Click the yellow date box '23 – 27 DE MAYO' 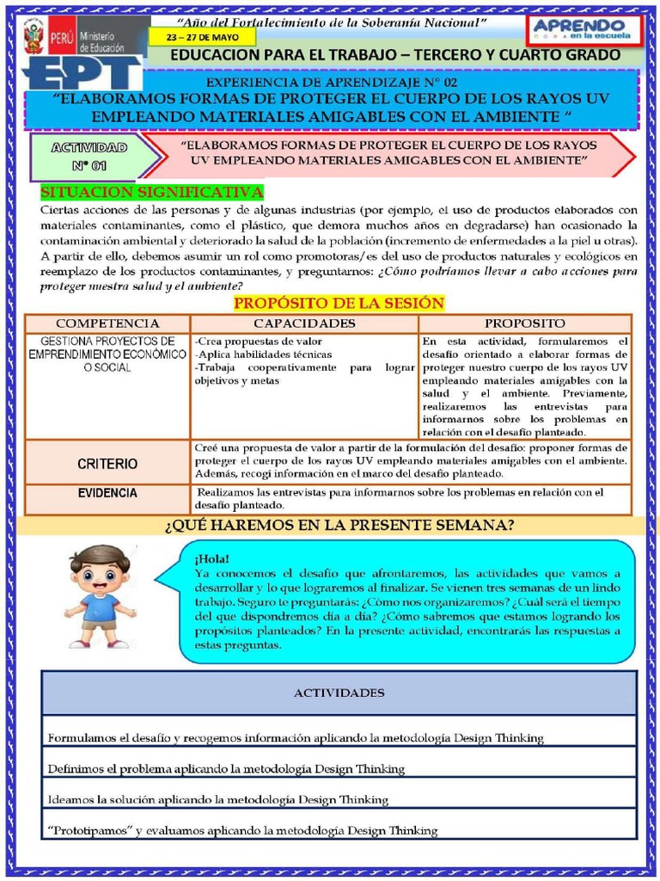tap(202, 39)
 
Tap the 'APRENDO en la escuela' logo tap(586, 30)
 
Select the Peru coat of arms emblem tap(34, 39)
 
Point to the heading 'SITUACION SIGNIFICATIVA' tap(152, 191)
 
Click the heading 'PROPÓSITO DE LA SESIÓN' tap(339, 303)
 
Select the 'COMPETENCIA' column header tap(107, 323)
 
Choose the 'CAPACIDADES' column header tap(304, 323)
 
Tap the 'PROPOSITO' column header tap(524, 323)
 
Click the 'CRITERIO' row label tap(107, 464)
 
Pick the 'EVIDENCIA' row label tap(107, 493)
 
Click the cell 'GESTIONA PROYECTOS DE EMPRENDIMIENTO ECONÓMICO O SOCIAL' tap(107, 354)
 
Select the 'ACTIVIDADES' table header tap(339, 693)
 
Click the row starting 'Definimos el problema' tap(226, 768)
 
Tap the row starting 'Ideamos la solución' tap(217, 799)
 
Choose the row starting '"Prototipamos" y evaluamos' tap(242, 830)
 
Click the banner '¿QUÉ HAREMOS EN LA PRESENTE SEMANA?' tap(339, 525)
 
